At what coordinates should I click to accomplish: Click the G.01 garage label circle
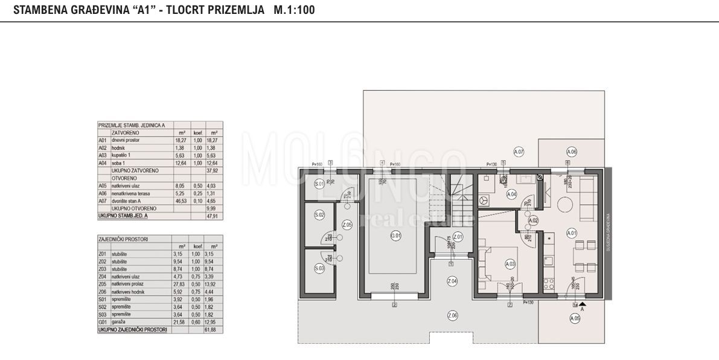click(395, 236)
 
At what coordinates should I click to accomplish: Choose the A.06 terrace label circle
click(572, 152)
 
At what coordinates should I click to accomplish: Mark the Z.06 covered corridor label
click(452, 315)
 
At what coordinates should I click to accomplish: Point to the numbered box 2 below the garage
click(394, 304)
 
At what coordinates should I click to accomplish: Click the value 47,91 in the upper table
click(212, 214)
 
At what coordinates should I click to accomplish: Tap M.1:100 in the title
click(293, 10)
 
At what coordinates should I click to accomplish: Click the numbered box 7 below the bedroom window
click(510, 304)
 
